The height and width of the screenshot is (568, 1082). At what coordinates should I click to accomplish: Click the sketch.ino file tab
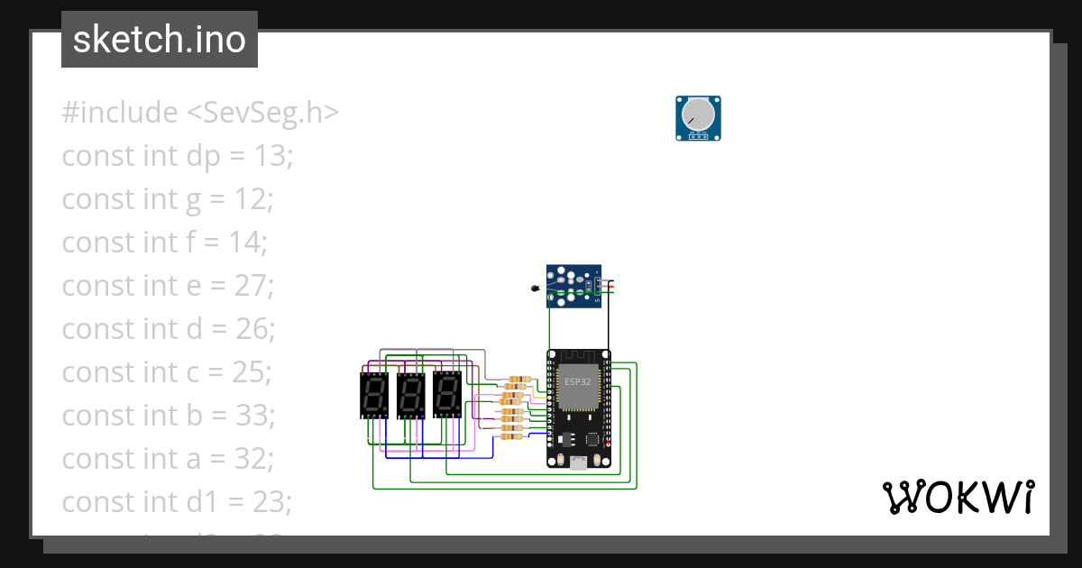(160, 40)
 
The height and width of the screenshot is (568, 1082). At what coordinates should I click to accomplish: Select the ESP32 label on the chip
(579, 381)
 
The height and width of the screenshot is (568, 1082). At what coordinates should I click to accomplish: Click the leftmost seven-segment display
(373, 395)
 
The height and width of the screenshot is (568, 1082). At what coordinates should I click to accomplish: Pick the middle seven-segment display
(410, 395)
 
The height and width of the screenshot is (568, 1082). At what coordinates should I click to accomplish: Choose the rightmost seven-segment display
(446, 394)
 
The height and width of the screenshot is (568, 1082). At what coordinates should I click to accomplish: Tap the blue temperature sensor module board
(573, 286)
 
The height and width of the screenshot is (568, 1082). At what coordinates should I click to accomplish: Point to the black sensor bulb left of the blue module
(535, 289)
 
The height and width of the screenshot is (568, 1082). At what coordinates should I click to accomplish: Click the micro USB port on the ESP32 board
(578, 463)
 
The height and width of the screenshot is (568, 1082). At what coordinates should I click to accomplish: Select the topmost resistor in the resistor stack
(518, 379)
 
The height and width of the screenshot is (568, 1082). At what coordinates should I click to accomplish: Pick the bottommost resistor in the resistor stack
(510, 437)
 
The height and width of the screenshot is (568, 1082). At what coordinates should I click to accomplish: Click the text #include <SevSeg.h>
(200, 113)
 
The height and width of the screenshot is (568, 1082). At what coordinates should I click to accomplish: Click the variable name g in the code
(194, 200)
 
